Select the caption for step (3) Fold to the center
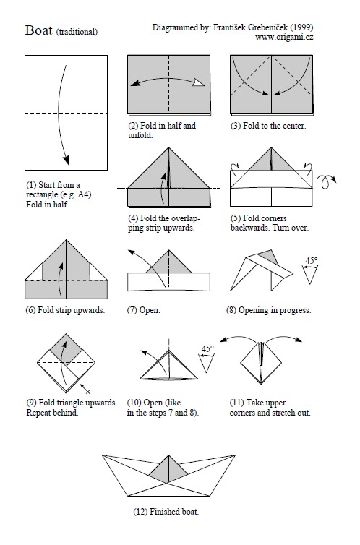[x=267, y=126]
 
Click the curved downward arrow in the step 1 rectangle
[x=66, y=116]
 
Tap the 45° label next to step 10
[x=207, y=349]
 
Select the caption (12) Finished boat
[x=166, y=512]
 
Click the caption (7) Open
[x=143, y=310]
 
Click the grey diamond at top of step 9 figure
[x=69, y=346]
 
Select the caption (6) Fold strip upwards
[x=64, y=310]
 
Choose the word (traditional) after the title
[x=76, y=32]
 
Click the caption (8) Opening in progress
[x=268, y=310]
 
